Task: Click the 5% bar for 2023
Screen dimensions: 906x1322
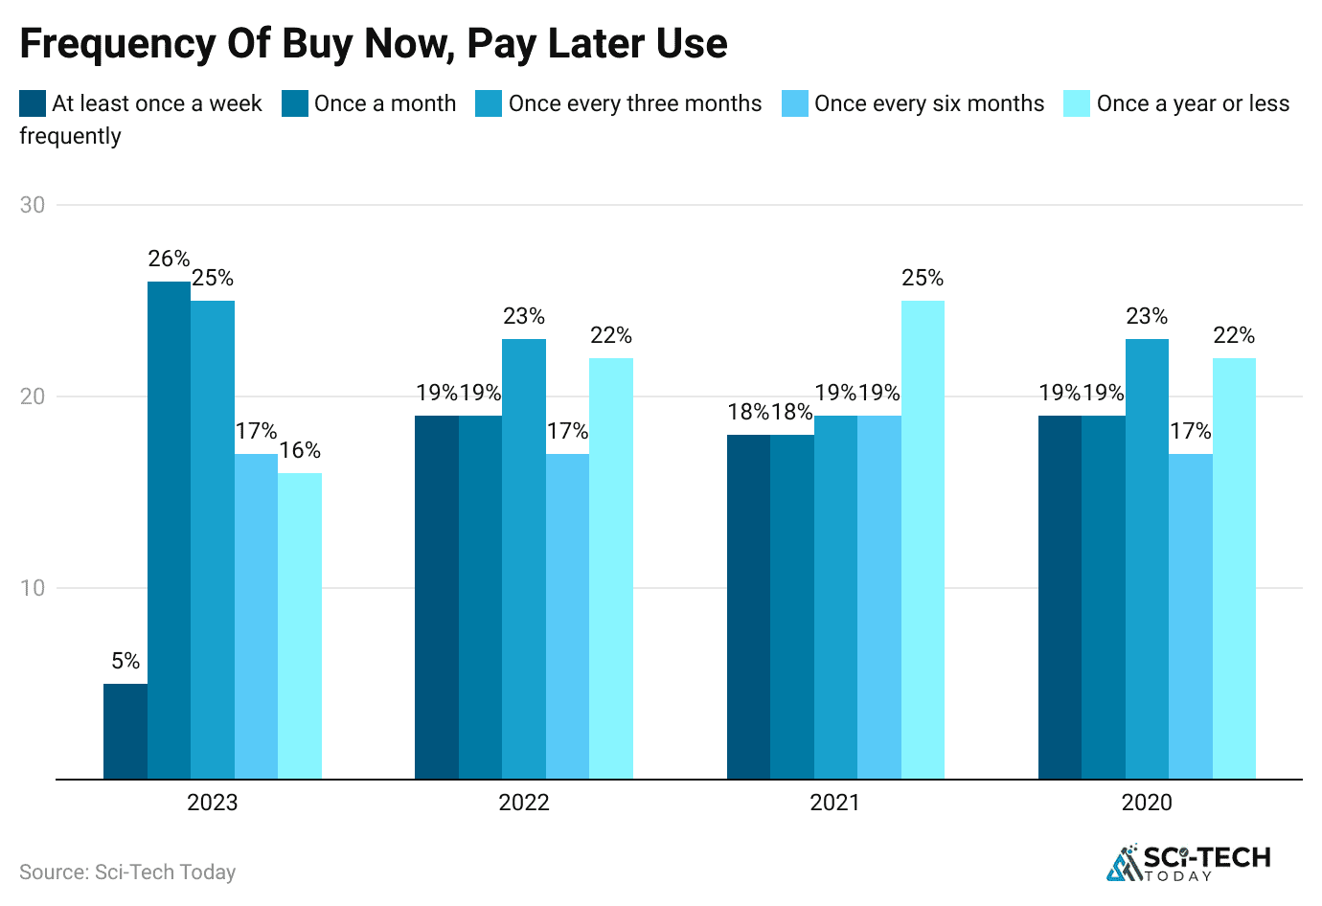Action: (125, 731)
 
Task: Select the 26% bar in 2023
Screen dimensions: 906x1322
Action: (169, 530)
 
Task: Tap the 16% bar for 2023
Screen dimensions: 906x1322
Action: (300, 625)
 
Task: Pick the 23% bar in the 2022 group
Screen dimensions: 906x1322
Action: (524, 558)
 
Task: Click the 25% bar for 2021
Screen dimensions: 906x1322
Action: (923, 539)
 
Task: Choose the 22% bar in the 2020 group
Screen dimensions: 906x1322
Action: (1234, 568)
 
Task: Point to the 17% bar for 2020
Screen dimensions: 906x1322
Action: (1191, 616)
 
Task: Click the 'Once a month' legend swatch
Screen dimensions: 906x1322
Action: (295, 103)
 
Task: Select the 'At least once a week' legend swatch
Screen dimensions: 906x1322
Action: (33, 103)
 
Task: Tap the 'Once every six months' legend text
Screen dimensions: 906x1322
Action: (929, 103)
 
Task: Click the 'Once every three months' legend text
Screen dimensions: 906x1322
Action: (635, 103)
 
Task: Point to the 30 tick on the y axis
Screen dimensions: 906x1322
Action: (33, 205)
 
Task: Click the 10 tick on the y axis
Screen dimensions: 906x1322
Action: (33, 588)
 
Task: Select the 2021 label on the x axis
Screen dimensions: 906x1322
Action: (835, 803)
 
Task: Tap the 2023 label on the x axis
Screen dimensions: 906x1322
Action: (212, 803)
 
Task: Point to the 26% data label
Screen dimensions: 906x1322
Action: (169, 259)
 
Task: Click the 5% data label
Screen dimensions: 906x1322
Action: (125, 661)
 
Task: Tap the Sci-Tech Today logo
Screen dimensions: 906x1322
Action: (1188, 863)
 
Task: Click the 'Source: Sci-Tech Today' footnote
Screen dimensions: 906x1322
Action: (127, 872)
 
